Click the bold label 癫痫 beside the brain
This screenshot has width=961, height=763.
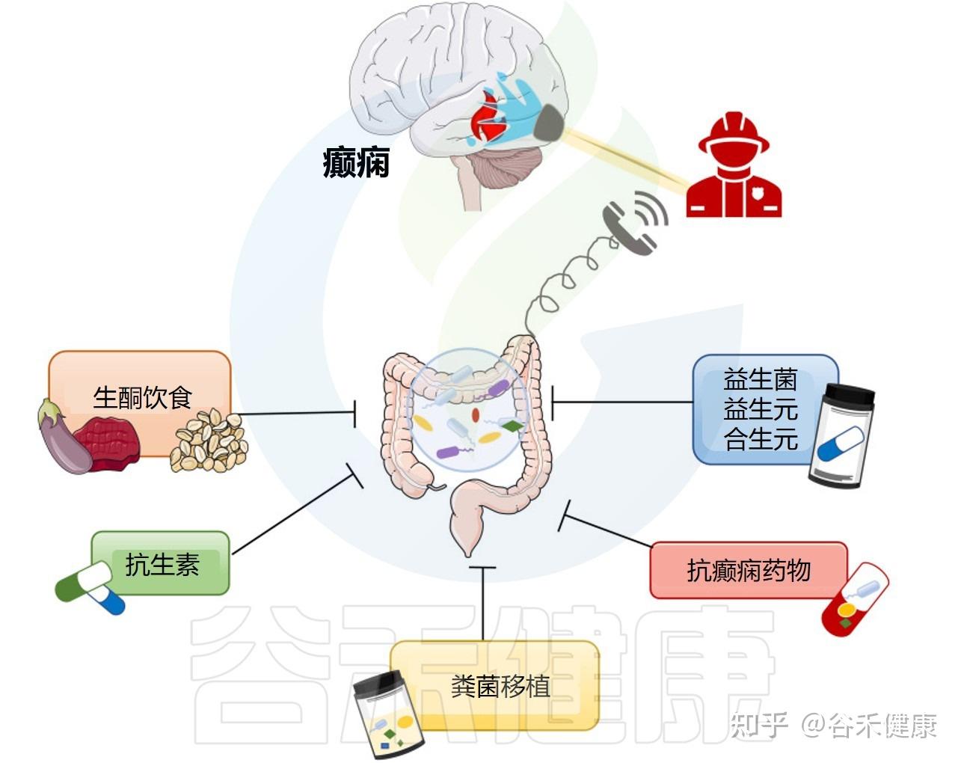click(356, 162)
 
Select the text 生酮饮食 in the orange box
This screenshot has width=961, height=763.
click(142, 397)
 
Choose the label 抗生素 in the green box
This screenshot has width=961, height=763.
click(162, 564)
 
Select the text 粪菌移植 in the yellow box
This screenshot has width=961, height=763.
click(500, 686)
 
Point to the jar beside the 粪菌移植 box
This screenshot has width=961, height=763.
click(387, 714)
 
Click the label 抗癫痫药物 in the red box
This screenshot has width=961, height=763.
click(749, 570)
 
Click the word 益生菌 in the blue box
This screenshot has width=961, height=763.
click(761, 380)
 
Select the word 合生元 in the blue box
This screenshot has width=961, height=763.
click(761, 439)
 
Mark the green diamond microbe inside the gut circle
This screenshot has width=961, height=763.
click(512, 426)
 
